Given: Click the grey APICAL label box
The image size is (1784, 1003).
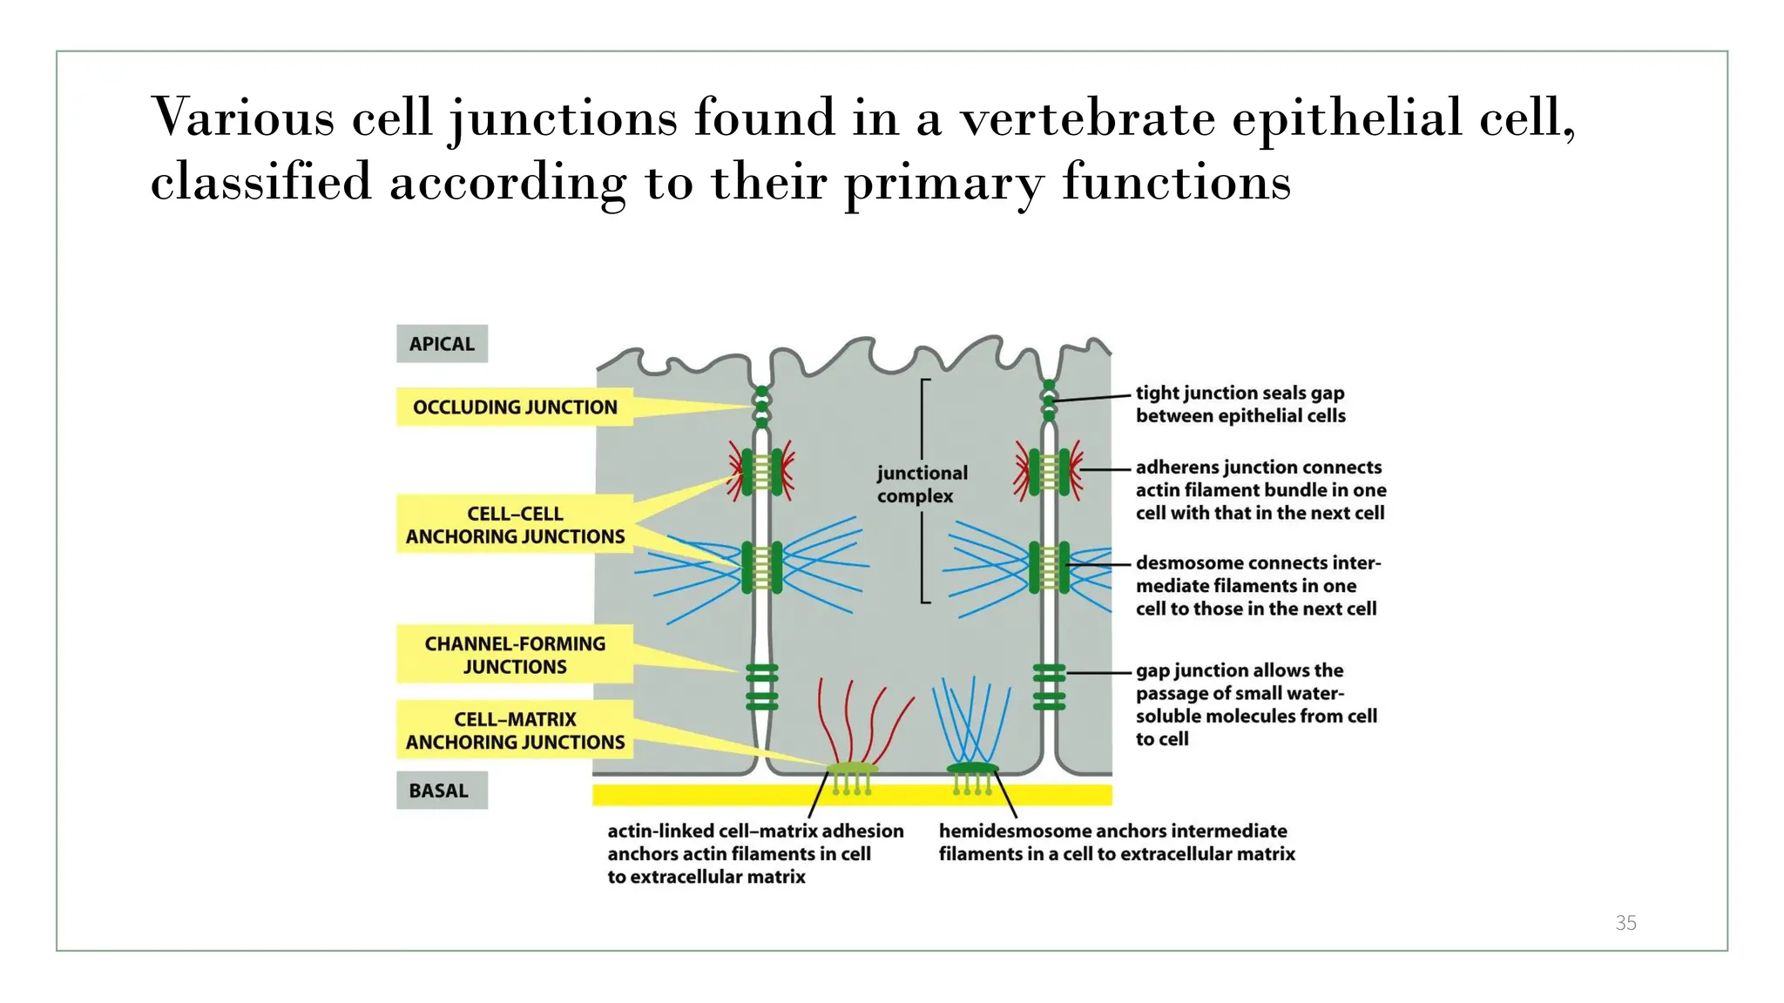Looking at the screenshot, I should pyautogui.click(x=442, y=344).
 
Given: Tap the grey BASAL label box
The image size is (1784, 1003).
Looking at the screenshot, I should pyautogui.click(x=442, y=791).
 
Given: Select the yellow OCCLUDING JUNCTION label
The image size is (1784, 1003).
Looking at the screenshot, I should pyautogui.click(x=514, y=407).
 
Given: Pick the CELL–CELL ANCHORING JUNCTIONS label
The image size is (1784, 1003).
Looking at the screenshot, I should pyautogui.click(x=514, y=525).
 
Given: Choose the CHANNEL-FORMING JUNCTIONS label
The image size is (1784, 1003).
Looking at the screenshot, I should pyautogui.click(x=514, y=655).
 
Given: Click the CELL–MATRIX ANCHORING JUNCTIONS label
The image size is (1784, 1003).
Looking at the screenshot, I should pyautogui.click(x=514, y=730).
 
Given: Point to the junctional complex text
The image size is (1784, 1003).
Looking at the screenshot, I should pyautogui.click(x=921, y=484).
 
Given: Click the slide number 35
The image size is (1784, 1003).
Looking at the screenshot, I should pyautogui.click(x=1625, y=923).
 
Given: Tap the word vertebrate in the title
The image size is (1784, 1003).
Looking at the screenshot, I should pyautogui.click(x=1087, y=118).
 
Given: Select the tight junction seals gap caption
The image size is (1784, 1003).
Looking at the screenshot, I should pyautogui.click(x=1240, y=404).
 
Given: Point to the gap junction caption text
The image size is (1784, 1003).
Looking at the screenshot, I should pyautogui.click(x=1255, y=704).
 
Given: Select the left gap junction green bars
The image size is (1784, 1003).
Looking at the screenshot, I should pyautogui.click(x=761, y=686).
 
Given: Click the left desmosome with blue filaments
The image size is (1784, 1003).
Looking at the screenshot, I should pyautogui.click(x=761, y=567).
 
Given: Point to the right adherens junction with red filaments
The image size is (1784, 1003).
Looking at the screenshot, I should pyautogui.click(x=1049, y=471).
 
